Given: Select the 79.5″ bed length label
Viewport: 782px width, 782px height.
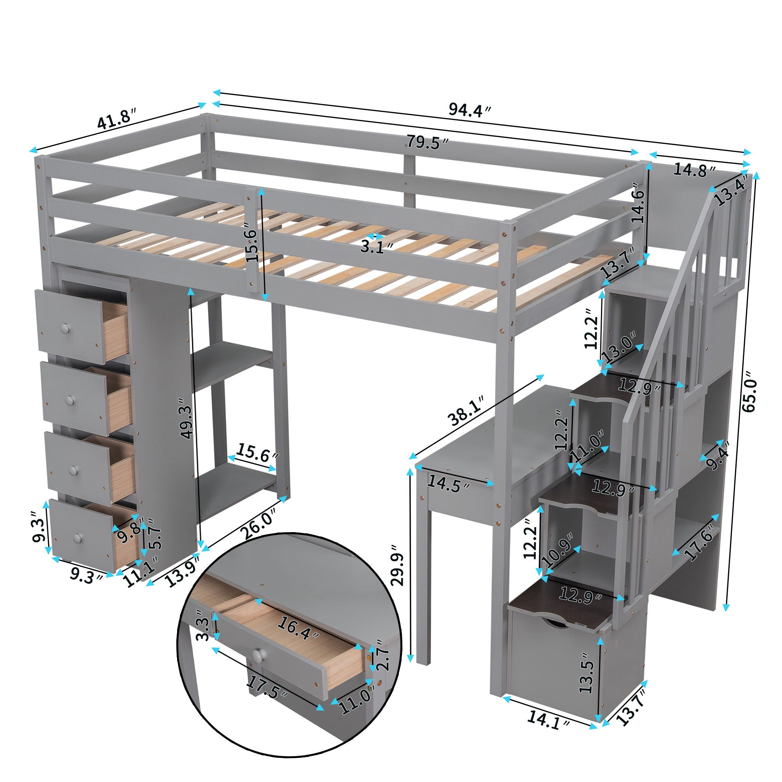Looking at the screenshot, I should [428, 142].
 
